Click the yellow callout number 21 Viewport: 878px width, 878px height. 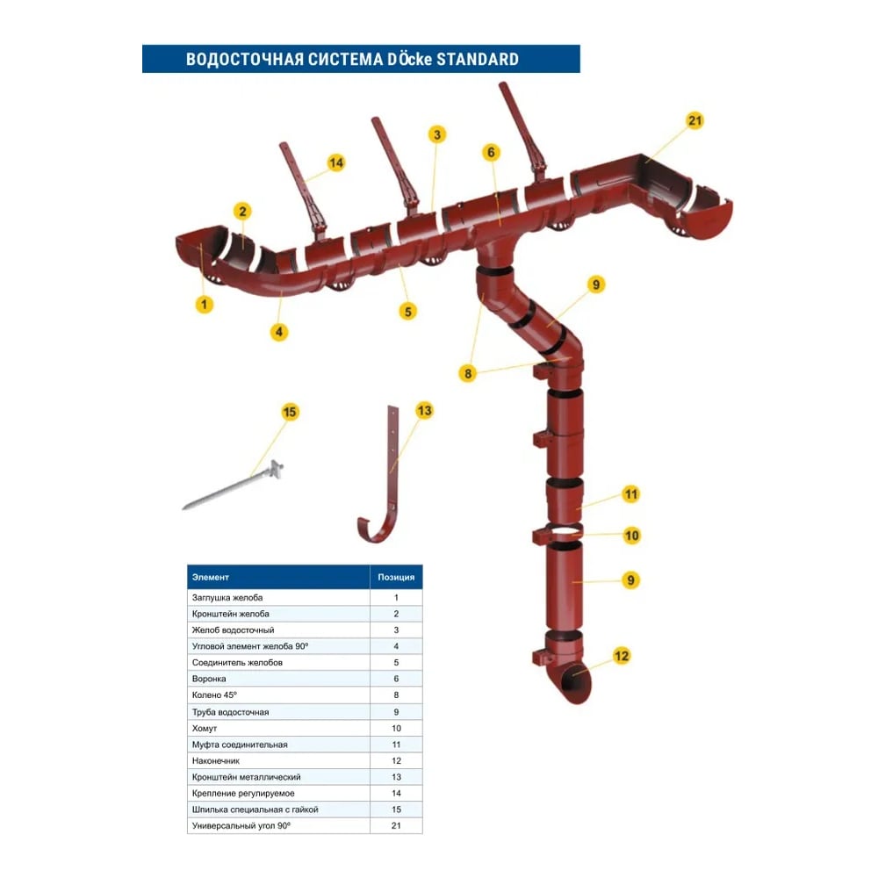[x=695, y=121]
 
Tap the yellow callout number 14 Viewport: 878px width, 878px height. [x=336, y=162]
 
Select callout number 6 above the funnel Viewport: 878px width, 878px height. [x=491, y=152]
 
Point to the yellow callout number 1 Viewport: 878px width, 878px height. [x=205, y=305]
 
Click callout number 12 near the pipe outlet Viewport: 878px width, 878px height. [x=622, y=655]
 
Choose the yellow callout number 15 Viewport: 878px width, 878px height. [x=291, y=411]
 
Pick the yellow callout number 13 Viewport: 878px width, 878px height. [x=424, y=410]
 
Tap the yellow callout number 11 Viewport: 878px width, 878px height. [x=630, y=493]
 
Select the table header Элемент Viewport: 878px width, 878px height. [x=211, y=577]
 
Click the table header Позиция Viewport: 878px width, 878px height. [x=395, y=577]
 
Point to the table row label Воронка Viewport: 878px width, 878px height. [x=209, y=679]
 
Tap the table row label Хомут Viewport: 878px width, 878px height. [x=205, y=728]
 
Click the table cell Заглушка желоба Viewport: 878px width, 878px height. [x=227, y=597]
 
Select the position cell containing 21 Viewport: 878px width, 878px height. [x=395, y=826]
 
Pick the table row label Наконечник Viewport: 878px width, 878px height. [x=216, y=760]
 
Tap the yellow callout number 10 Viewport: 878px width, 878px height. [x=631, y=535]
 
